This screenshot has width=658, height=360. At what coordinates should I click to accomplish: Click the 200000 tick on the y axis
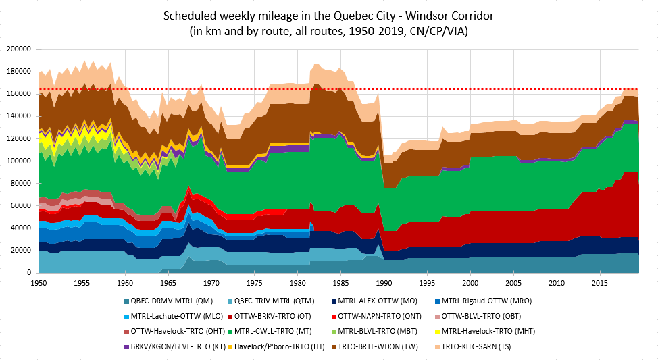pyautogui.click(x=20, y=49)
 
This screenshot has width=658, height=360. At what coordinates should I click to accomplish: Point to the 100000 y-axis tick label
pyautogui.click(x=20, y=161)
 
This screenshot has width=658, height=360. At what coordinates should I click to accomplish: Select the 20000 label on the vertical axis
pyautogui.click(x=22, y=250)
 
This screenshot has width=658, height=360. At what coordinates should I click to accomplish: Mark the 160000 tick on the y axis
pyautogui.click(x=20, y=94)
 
